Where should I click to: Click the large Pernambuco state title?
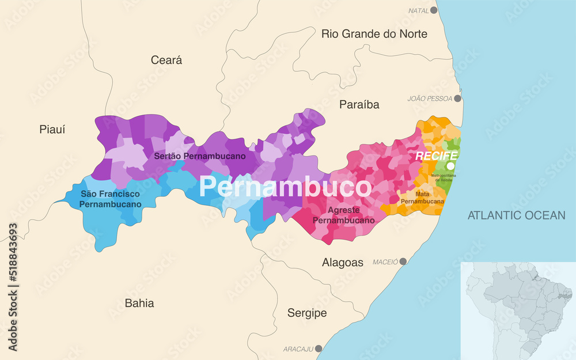285,188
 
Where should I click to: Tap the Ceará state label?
166,60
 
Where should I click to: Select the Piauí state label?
52,130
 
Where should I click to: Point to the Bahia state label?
139,303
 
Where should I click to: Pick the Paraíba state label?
359,105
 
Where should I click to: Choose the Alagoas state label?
342,263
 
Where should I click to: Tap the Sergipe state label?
307,313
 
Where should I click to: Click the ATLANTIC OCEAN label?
517,215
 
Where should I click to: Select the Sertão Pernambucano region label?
200,156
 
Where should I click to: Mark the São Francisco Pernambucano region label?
111,199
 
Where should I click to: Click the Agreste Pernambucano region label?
343,215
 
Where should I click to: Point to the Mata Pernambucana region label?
422,198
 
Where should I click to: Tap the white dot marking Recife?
451,166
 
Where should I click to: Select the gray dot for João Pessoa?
457,98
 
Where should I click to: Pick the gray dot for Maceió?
403,262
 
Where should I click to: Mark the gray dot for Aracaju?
319,349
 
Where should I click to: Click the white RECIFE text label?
437,156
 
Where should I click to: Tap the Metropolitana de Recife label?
444,177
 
